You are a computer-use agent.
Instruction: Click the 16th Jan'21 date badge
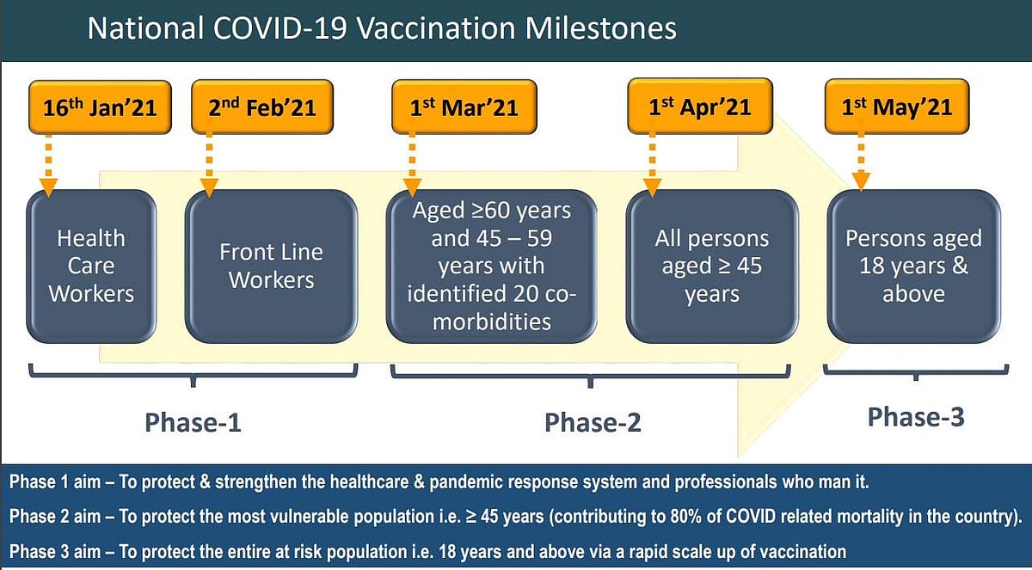(x=100, y=107)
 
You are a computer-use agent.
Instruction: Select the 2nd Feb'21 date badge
(x=262, y=107)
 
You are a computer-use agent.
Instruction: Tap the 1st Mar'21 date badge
(x=464, y=107)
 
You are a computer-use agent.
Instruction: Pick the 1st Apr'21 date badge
(x=700, y=107)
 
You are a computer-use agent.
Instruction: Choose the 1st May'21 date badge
(x=896, y=107)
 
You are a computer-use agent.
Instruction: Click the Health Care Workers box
(x=91, y=267)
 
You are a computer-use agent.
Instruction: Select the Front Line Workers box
(x=272, y=267)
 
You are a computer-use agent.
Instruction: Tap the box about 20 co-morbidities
(x=492, y=267)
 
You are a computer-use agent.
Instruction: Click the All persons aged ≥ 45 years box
(x=712, y=267)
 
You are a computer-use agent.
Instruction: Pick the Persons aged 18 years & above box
(x=913, y=267)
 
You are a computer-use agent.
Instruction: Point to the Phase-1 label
(x=193, y=422)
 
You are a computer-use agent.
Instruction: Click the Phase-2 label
(x=593, y=422)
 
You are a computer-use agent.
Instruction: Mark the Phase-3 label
(x=916, y=417)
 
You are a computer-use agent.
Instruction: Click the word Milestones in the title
(x=601, y=28)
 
